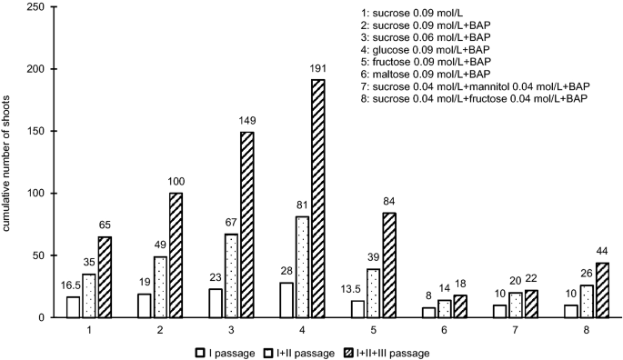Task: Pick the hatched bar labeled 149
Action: click(x=246, y=225)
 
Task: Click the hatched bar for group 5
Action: click(x=390, y=265)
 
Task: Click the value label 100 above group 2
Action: click(x=176, y=184)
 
